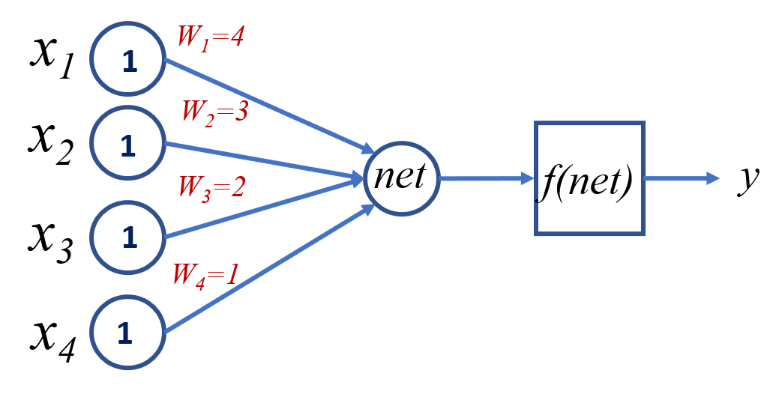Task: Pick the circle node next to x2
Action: coord(128,142)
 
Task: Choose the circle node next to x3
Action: coord(128,237)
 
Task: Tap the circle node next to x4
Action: coord(128,332)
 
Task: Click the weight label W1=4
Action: coord(210,38)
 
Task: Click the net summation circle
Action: coord(401,178)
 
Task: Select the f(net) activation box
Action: coord(589,178)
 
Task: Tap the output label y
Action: coord(747,180)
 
